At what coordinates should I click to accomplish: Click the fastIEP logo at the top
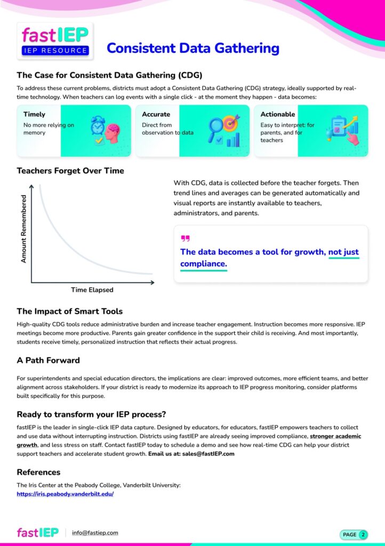(55, 41)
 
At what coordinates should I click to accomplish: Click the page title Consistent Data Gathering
(192, 48)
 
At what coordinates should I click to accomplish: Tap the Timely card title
(34, 114)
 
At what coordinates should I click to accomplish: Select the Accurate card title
(156, 114)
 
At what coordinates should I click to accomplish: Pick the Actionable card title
(277, 114)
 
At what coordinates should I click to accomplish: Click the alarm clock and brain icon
(105, 131)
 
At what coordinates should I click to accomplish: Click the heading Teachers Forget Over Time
(70, 171)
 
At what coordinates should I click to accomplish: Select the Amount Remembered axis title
(23, 228)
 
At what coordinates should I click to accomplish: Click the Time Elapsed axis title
(92, 290)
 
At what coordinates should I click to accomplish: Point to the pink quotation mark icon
(185, 238)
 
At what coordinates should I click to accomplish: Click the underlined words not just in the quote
(343, 252)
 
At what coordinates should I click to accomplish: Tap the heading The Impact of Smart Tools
(69, 311)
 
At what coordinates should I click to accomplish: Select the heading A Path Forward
(48, 360)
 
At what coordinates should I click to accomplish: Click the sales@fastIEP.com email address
(212, 454)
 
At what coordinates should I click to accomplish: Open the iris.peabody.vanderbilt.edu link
(65, 494)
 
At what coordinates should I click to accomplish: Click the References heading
(38, 472)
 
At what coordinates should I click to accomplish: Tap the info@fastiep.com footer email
(95, 533)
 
